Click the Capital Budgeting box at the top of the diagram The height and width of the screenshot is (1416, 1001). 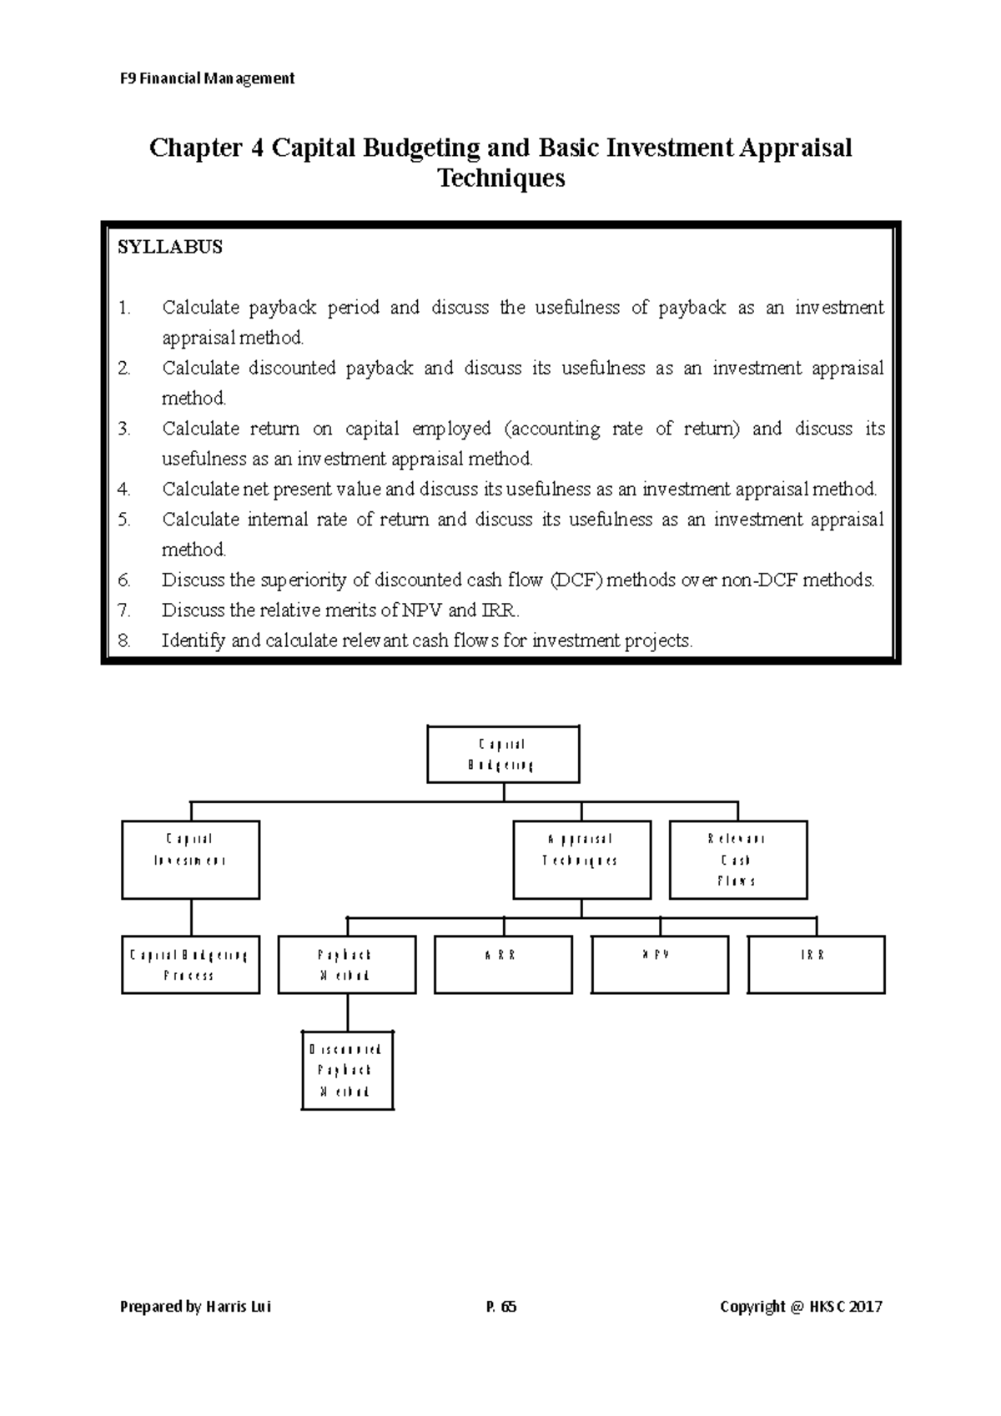pos(503,754)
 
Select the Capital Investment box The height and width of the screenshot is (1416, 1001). pos(190,859)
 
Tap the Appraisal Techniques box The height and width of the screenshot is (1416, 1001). pos(581,859)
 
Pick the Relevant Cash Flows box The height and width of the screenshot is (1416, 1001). pos(737,859)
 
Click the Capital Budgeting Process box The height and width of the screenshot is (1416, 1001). pos(190,964)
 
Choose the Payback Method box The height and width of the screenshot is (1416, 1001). pos(346,964)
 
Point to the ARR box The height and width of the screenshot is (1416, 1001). pos(503,964)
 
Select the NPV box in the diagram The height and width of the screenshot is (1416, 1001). pos(659,964)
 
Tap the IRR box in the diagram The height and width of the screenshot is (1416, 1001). pos(816,964)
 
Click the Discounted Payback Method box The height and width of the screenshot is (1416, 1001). pos(346,1070)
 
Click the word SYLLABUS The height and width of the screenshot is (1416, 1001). pos(170,248)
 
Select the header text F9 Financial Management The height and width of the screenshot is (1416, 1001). pos(206,78)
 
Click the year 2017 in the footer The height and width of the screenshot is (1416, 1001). pos(865,1307)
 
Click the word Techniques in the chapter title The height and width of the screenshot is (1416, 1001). pos(501,178)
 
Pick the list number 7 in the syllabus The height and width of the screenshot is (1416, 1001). pos(124,610)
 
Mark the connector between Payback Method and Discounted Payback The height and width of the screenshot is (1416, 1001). pos(347,1012)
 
